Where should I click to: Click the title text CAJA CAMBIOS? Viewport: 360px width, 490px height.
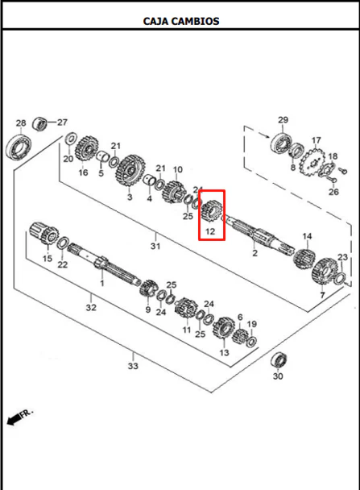coord(181,21)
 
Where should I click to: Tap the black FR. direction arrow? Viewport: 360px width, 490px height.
coord(14,419)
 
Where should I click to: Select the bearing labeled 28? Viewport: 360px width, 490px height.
coord(19,146)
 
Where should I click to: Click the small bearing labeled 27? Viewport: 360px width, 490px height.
coord(40,123)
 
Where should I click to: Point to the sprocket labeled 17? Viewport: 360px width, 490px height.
coord(312,163)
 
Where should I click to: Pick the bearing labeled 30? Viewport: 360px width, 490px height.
coord(279,359)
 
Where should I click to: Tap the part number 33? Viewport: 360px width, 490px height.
coord(133,366)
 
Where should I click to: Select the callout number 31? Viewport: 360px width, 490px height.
coord(155,246)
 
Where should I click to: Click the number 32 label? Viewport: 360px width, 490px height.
coord(91,308)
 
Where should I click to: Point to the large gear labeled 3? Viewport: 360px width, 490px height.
coord(130,171)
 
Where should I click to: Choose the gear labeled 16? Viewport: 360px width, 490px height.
coord(87,149)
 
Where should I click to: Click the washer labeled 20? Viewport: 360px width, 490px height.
coord(71,139)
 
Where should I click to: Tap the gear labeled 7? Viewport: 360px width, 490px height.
coord(325,272)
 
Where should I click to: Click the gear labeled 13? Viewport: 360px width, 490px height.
coord(224,328)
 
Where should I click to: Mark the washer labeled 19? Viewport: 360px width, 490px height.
coord(251,341)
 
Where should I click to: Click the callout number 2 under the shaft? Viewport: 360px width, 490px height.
coord(255,253)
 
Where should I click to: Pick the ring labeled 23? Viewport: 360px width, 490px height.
coord(340,279)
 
